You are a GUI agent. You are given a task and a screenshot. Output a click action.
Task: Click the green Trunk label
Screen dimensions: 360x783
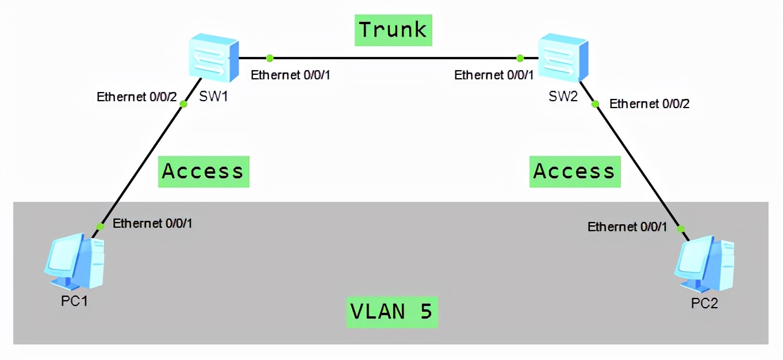point(393,30)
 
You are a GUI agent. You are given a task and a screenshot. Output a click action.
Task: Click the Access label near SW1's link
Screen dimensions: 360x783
point(204,171)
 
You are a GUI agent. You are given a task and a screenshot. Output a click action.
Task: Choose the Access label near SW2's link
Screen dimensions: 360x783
point(575,171)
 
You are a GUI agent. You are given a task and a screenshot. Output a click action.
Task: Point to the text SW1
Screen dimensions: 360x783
point(214,96)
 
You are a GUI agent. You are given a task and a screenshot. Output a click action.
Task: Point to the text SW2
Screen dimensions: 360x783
point(563,96)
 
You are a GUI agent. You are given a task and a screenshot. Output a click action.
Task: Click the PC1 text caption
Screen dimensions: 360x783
point(75,301)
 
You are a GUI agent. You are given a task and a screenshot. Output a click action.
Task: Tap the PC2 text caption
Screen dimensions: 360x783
point(704,303)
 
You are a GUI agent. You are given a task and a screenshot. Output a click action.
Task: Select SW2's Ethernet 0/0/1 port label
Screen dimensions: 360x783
point(494,75)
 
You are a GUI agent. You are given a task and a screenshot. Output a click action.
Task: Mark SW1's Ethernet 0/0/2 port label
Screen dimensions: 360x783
point(137,97)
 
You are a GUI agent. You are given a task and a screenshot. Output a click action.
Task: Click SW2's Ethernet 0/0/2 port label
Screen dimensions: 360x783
point(650,104)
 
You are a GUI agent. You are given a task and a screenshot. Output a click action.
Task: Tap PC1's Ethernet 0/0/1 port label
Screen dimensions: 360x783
point(153,224)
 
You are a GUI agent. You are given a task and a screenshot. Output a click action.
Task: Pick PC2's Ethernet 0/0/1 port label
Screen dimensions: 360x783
point(627,227)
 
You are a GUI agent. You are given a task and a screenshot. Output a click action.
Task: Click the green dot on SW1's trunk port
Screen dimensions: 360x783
point(270,58)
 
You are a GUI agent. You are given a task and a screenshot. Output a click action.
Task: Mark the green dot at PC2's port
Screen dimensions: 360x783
point(681,229)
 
